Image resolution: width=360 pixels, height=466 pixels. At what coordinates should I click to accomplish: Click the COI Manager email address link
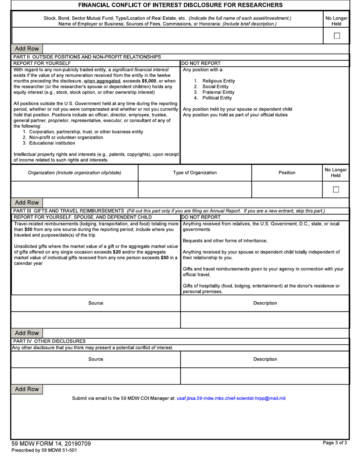(231, 398)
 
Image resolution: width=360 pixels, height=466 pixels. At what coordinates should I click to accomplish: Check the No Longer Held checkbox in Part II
(336, 189)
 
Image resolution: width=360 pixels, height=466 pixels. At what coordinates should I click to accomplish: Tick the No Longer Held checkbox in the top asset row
(337, 36)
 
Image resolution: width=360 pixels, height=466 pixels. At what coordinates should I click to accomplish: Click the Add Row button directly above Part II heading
(27, 48)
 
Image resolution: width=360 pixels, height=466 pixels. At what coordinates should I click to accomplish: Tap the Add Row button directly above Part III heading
(27, 202)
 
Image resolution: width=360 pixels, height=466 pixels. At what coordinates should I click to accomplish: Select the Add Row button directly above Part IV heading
(27, 333)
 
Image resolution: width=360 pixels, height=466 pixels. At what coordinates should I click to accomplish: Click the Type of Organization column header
(195, 173)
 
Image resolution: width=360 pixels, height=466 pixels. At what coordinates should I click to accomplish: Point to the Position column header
(287, 173)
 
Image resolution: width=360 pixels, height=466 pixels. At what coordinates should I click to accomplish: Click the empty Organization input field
(75, 189)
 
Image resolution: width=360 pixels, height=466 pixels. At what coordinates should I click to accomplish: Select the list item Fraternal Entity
(218, 92)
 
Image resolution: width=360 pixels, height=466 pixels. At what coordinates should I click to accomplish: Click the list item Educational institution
(52, 143)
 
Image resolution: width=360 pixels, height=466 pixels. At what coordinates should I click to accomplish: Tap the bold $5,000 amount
(149, 81)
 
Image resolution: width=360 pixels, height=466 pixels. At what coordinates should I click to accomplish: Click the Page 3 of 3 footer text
(335, 443)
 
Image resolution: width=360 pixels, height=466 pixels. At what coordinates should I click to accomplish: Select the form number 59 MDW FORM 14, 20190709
(51, 444)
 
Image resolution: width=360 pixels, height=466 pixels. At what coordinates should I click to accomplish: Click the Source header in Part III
(95, 303)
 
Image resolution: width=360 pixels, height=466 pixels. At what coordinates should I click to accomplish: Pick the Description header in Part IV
(265, 359)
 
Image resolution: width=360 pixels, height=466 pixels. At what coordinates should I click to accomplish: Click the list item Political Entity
(217, 98)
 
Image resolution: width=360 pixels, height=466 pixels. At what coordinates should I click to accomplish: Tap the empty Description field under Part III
(265, 320)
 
